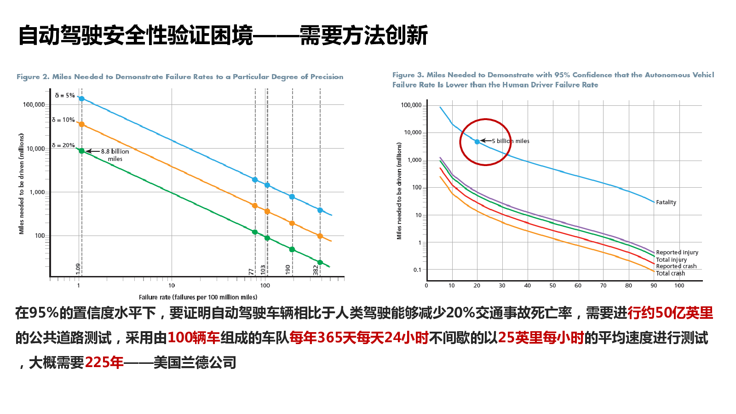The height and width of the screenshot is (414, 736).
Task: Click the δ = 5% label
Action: [64, 96]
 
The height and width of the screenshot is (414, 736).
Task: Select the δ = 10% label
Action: [63, 120]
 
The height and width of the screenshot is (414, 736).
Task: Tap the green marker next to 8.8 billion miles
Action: [81, 151]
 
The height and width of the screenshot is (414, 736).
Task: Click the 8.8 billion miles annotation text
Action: [115, 155]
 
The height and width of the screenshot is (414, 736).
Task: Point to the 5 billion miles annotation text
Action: [511, 141]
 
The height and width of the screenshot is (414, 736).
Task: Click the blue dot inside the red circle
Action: [477, 142]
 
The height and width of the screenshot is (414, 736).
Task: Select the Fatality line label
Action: [666, 202]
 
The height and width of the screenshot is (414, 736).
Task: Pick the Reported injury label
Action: [677, 253]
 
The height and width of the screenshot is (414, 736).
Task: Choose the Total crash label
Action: [670, 273]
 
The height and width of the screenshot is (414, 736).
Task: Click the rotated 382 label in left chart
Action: [316, 270]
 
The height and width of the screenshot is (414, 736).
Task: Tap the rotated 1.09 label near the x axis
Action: [78, 269]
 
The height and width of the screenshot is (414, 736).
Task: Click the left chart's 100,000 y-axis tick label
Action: [34, 105]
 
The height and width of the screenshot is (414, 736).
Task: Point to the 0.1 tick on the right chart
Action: [417, 270]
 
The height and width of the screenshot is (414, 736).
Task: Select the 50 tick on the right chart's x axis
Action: [552, 286]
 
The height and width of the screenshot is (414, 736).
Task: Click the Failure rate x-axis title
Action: [198, 297]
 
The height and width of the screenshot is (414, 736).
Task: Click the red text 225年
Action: [104, 362]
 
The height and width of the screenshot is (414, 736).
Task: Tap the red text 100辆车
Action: [194, 338]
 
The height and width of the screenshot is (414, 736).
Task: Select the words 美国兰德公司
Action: [195, 362]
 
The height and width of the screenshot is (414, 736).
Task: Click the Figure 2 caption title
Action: [180, 77]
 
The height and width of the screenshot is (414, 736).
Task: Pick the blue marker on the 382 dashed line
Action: [320, 210]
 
